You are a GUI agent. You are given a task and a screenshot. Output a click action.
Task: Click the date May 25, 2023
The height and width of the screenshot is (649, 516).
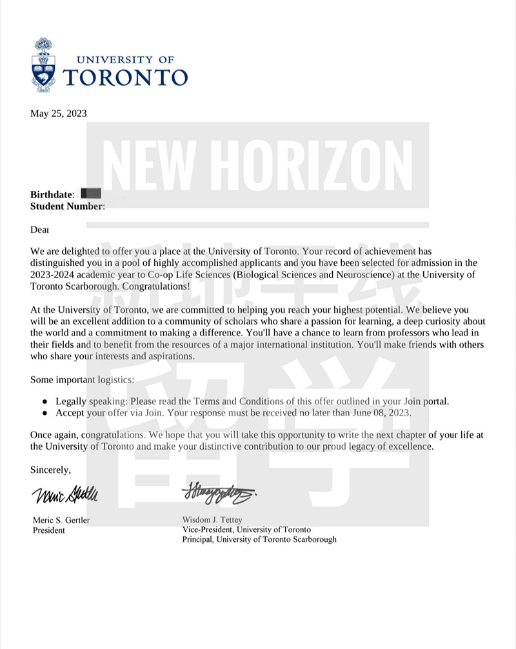58,114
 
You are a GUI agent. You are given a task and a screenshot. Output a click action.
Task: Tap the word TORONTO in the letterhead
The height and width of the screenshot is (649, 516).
126,77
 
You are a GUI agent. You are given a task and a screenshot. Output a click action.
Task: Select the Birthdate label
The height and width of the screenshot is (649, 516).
52,194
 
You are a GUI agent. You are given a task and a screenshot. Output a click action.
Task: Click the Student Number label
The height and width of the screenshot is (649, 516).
67,206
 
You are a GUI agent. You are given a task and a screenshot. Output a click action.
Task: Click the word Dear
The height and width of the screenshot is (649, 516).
40,229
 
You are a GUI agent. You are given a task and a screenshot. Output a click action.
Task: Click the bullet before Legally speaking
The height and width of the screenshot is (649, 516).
45,401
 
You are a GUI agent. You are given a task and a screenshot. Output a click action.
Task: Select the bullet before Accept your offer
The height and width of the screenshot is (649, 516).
45,412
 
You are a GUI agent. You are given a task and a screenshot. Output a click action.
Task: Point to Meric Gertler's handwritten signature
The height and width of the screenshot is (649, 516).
64,497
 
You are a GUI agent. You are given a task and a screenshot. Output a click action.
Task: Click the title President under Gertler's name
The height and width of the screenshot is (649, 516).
49,530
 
